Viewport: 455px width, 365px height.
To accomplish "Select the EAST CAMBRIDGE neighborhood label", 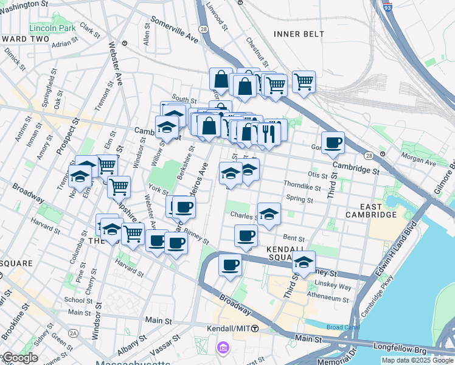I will [x=371, y=210].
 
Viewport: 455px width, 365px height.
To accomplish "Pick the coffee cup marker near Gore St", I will [x=333, y=143].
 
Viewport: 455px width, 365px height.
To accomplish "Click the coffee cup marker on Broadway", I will [x=230, y=265].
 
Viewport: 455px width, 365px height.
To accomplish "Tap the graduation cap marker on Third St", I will [x=304, y=262].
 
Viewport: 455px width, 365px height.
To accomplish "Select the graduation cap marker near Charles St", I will [x=269, y=214].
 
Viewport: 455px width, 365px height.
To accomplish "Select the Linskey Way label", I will [x=335, y=287].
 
